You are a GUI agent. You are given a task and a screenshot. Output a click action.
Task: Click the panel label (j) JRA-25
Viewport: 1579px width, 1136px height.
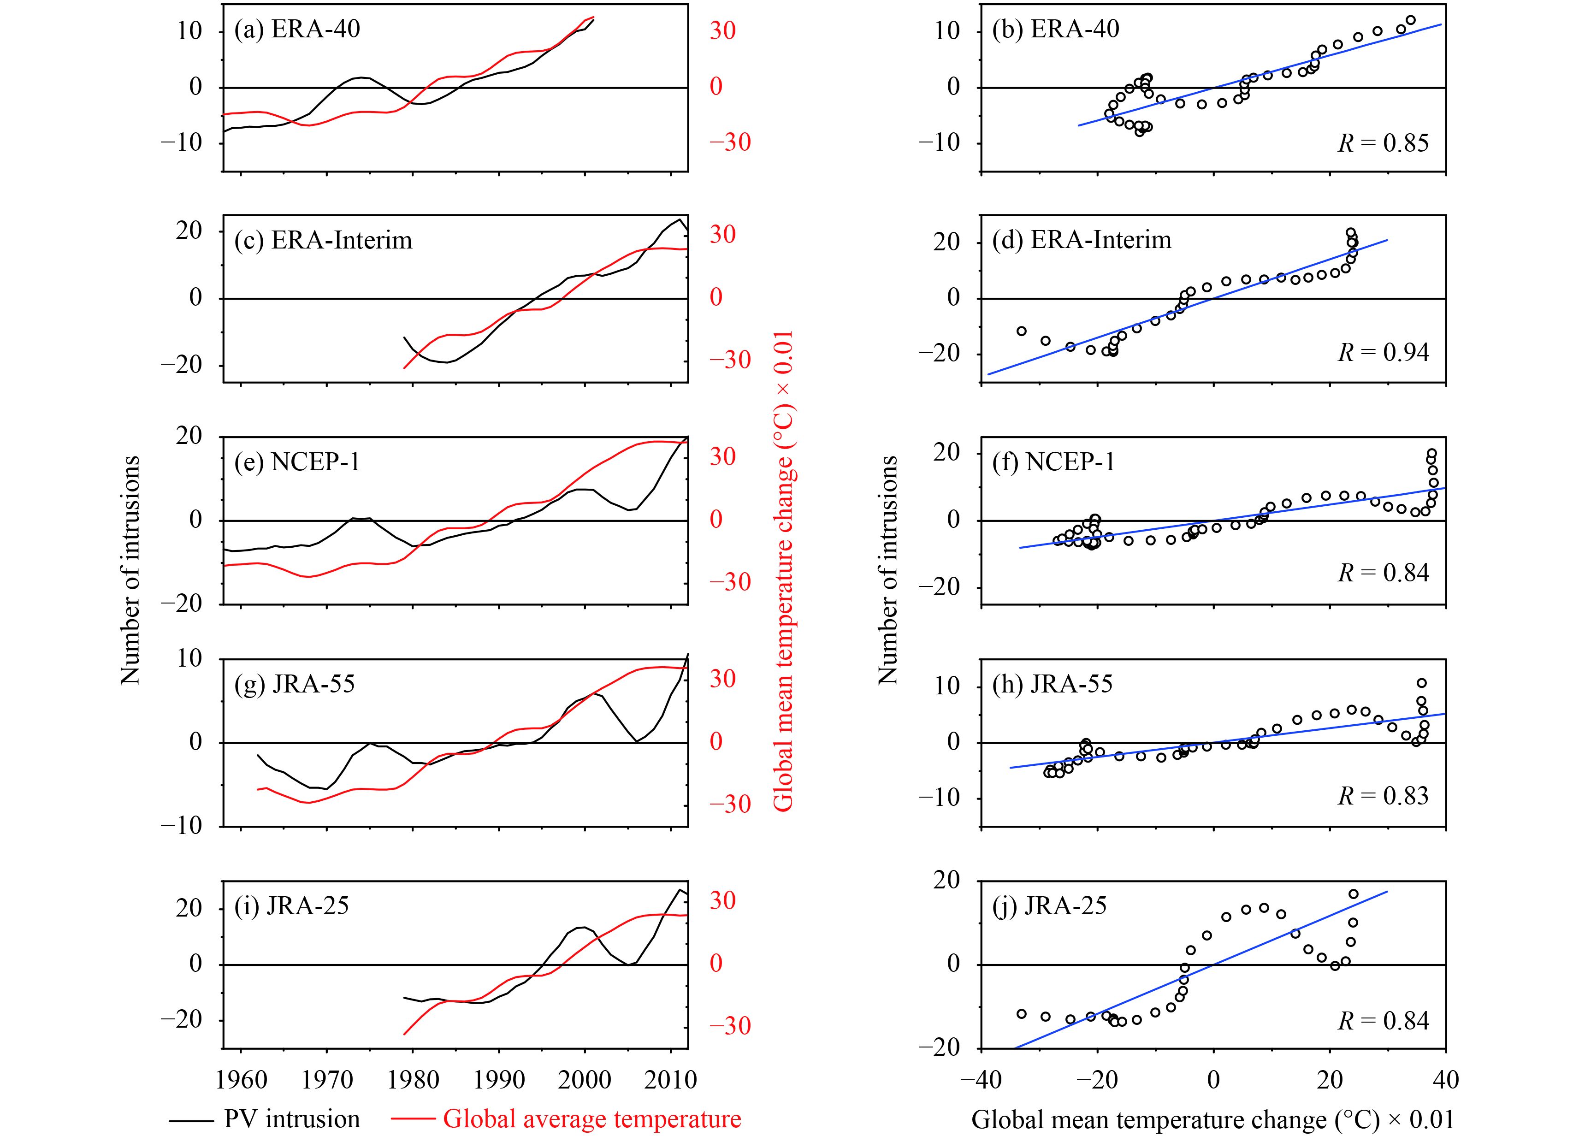pos(1049,905)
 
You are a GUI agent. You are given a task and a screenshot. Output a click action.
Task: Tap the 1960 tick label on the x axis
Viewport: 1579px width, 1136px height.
pos(241,1080)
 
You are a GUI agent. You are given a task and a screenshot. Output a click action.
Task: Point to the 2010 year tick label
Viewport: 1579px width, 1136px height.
pos(670,1080)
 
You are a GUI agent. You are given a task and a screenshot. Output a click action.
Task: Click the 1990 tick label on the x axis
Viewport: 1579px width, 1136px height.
pos(498,1080)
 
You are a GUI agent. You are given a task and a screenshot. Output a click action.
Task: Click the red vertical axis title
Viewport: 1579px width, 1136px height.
pos(784,571)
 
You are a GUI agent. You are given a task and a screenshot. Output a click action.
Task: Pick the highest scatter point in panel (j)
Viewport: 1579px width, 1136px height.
pos(1354,894)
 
